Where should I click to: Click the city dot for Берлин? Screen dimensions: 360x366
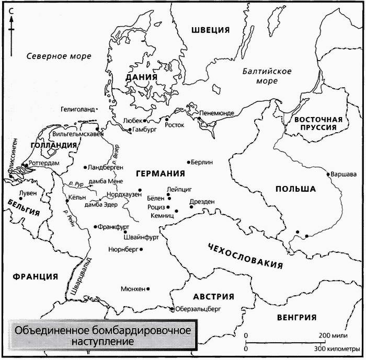pyautogui.click(x=190, y=162)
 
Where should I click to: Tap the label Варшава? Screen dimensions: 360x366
pyautogui.click(x=342, y=174)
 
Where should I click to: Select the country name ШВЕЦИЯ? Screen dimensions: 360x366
pyautogui.click(x=211, y=29)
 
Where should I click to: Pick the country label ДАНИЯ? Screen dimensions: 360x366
pyautogui.click(x=141, y=77)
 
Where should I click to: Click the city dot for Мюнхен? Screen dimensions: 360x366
pyautogui.click(x=149, y=288)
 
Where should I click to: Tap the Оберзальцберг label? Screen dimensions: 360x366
pyautogui.click(x=197, y=309)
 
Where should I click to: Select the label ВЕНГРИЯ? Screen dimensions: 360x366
pyautogui.click(x=298, y=317)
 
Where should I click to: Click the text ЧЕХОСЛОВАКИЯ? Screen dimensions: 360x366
pyautogui.click(x=245, y=254)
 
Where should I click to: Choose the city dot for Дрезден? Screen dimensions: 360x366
pyautogui.click(x=191, y=207)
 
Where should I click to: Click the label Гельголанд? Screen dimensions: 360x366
pyautogui.click(x=78, y=110)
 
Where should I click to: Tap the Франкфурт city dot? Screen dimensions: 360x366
pyautogui.click(x=95, y=227)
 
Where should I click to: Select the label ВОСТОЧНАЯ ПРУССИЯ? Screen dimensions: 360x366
pyautogui.click(x=317, y=123)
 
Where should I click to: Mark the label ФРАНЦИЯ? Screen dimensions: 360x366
pyautogui.click(x=35, y=276)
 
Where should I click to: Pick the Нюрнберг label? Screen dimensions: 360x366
pyautogui.click(x=122, y=250)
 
